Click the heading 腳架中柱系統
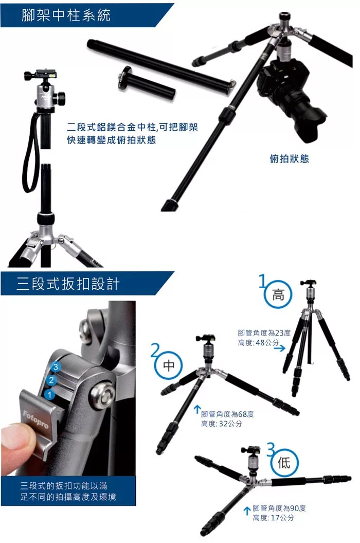pos(66,15)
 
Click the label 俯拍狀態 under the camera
pos(289,159)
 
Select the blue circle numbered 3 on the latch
pos(56,366)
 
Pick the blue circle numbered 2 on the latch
pos(51,380)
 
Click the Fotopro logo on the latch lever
pos(35,419)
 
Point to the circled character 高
pos(278,295)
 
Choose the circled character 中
pos(169,365)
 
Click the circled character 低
pos(284,463)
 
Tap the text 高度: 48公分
pos(258,342)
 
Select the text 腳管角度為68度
pos(227,414)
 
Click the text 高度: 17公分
pos(274,517)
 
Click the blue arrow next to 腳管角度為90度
pos(247,511)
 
